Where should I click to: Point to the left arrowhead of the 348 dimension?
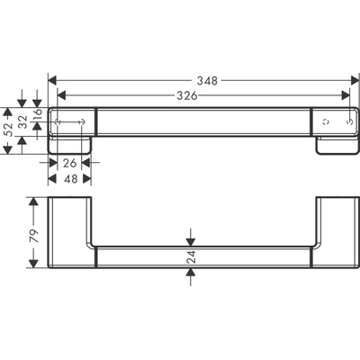[51, 80]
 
